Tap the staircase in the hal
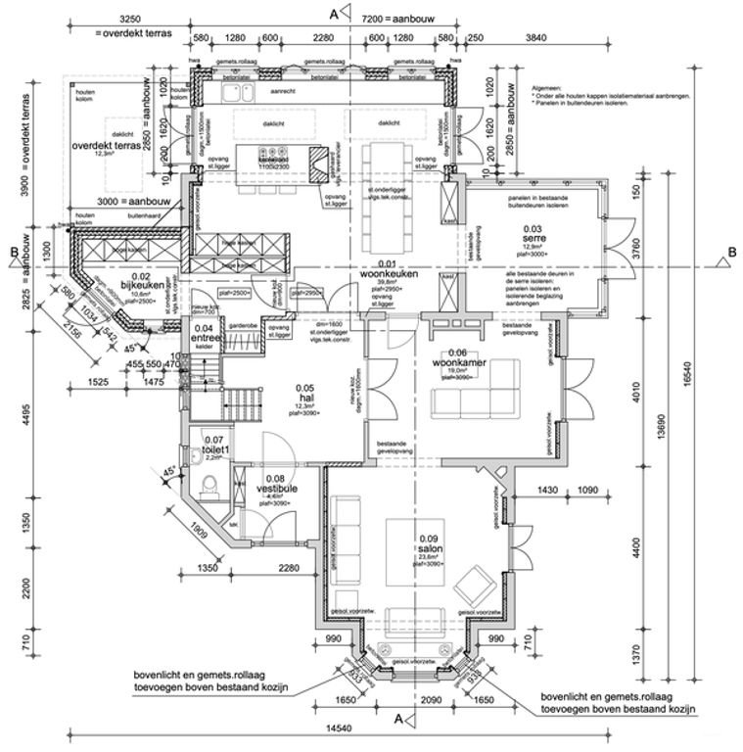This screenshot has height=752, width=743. point(245,400)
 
